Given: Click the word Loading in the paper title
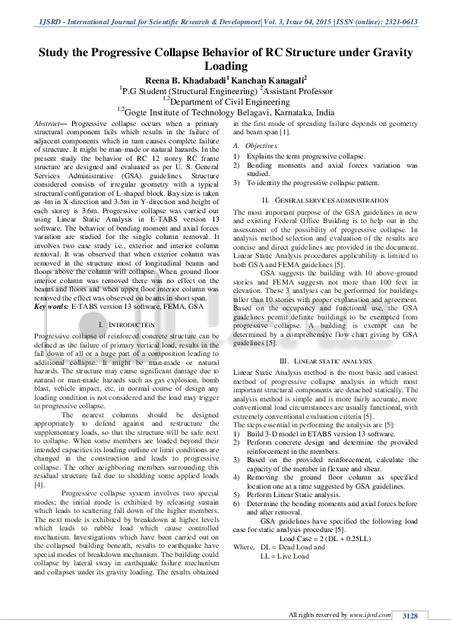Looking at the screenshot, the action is (226, 67).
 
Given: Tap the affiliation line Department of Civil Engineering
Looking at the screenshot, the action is (228, 99).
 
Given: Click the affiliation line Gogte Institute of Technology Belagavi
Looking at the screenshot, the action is (228, 111).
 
